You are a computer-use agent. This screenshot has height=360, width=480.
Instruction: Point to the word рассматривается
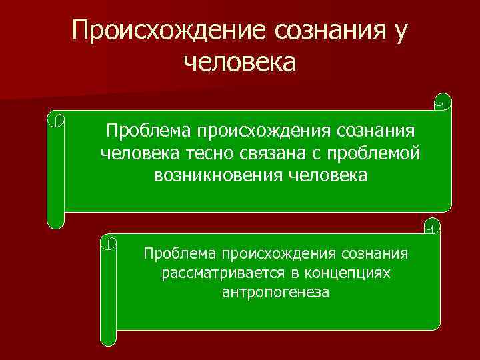pos(217,273)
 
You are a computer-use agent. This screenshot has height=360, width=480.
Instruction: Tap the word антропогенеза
pos(275,293)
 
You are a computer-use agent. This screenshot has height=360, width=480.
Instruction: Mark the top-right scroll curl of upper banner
pos(442,101)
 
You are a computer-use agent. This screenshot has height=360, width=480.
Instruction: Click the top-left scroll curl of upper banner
pos(56,119)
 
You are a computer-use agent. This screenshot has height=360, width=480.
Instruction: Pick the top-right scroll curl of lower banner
pos(432,225)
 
